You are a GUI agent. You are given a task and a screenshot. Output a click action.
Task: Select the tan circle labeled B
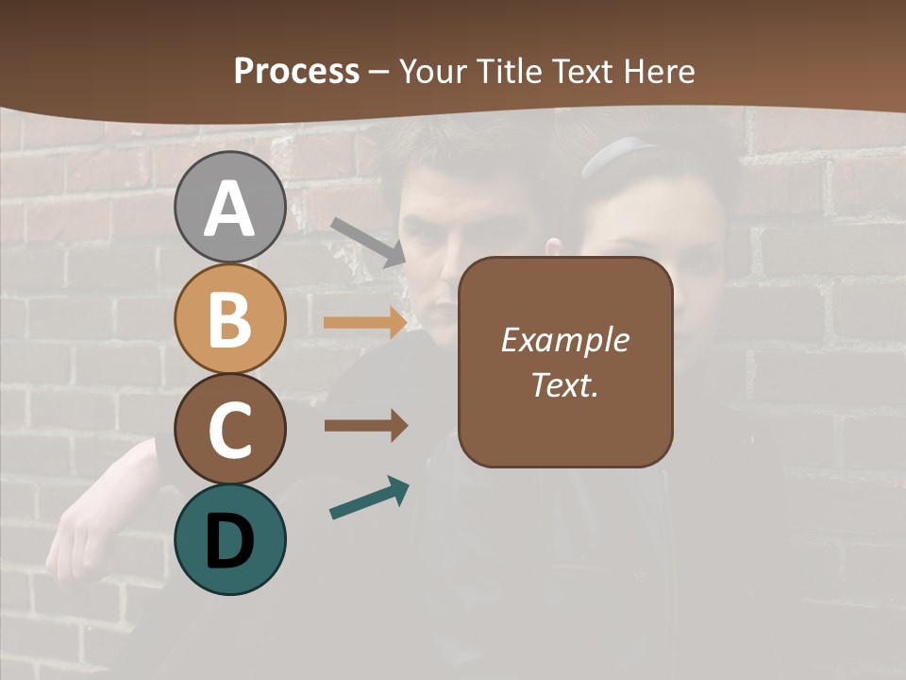click(x=229, y=319)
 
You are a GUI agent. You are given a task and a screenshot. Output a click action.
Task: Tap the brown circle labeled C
click(x=229, y=430)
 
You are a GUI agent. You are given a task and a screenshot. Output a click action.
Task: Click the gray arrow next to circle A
click(x=368, y=240)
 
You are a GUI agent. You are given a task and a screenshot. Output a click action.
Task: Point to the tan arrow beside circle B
click(x=365, y=323)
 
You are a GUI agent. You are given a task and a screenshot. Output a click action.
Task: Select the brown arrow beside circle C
click(x=365, y=426)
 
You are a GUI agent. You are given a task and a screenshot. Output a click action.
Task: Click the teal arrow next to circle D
click(x=369, y=498)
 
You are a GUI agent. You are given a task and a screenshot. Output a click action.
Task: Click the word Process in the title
click(x=296, y=71)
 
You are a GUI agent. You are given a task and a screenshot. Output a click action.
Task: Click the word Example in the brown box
click(x=564, y=340)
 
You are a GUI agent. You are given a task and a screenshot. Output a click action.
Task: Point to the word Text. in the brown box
click(x=564, y=384)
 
